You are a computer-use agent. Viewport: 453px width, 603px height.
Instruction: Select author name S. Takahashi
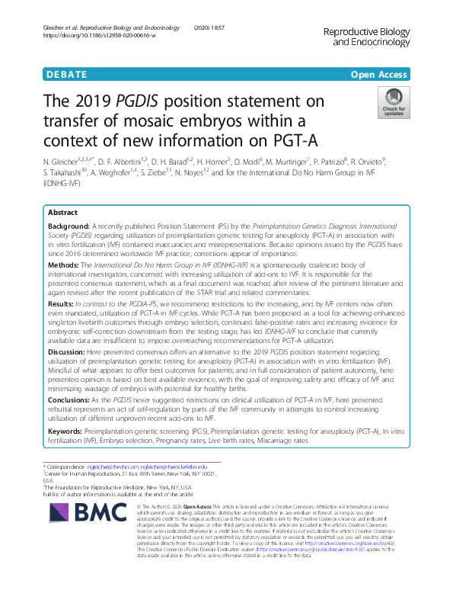tap(66, 173)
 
